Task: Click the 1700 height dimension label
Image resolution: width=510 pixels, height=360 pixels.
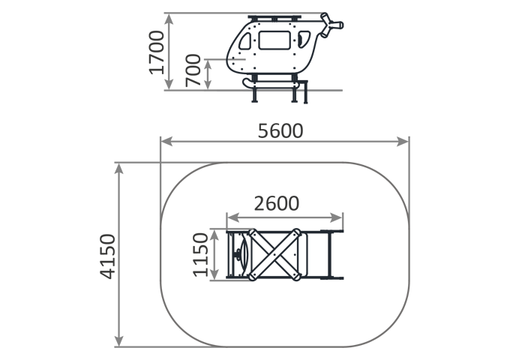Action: pyautogui.click(x=157, y=52)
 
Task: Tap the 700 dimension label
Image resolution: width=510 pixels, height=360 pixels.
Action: pyautogui.click(x=193, y=70)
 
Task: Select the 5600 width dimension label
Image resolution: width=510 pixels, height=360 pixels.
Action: pyautogui.click(x=280, y=131)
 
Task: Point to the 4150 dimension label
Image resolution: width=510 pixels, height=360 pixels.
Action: pyautogui.click(x=107, y=256)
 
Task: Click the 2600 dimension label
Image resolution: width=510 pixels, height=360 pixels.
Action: pyautogui.click(x=277, y=203)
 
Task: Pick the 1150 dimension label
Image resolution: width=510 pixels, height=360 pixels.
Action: pyautogui.click(x=200, y=255)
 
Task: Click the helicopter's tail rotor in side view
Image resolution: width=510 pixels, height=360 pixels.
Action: pyautogui.click(x=331, y=25)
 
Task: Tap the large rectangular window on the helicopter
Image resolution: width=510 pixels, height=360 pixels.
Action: pyautogui.click(x=274, y=40)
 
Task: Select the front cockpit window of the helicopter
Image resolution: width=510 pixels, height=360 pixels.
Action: pyautogui.click(x=245, y=41)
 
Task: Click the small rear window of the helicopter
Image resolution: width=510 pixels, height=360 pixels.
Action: pyautogui.click(x=304, y=39)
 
